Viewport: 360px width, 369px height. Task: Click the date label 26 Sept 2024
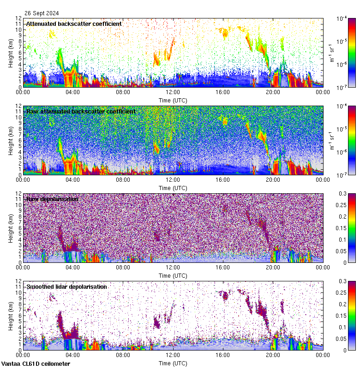42,13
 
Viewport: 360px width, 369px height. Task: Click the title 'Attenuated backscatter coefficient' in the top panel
74,24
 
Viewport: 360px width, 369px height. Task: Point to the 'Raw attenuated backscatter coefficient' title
81,111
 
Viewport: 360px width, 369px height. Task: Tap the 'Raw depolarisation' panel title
52,199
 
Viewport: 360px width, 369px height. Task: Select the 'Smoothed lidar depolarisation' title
66,286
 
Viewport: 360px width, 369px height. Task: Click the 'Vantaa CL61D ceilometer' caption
36,364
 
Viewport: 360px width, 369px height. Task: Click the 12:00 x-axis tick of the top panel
173,92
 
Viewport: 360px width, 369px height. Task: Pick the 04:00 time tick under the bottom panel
73,355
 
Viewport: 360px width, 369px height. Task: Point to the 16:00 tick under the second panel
223,179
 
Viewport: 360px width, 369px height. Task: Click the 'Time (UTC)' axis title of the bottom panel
173,363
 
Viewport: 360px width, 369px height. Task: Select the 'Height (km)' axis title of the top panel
10,52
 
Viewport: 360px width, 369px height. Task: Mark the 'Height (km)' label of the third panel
10,227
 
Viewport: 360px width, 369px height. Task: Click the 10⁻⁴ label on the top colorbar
342,18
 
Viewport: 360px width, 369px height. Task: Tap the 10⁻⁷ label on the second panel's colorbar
342,175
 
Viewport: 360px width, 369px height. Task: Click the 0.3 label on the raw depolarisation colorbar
342,193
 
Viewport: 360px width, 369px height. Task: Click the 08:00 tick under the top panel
123,92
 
